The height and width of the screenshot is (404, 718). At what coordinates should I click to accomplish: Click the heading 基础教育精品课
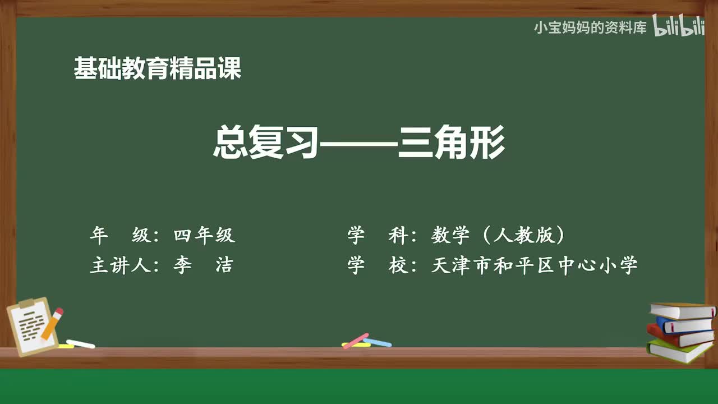point(158,69)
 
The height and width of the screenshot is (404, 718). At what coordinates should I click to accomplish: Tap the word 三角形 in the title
point(452,144)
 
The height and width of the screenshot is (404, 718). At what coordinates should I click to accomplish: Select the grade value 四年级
point(204,236)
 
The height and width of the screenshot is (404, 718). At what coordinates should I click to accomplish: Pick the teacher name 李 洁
point(202,265)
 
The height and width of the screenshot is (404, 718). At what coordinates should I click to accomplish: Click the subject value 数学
point(450,236)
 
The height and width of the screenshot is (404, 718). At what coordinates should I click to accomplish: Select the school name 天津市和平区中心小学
point(534,265)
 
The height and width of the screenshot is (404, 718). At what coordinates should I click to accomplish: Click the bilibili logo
point(679,27)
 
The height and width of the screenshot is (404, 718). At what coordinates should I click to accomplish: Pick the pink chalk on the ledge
point(356,341)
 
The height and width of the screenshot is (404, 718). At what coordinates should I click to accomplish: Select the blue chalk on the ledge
point(378,342)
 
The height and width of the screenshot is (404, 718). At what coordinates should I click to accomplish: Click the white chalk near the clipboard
point(80,343)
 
